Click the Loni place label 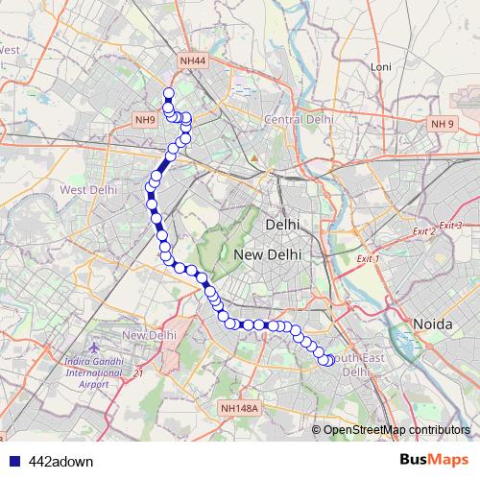coord(381,67)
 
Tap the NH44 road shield coord(192,61)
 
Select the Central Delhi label coord(299,119)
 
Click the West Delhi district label coord(87,190)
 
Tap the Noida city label coord(432,324)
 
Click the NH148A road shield coord(239,409)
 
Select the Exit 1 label coord(369,259)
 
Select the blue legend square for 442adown coord(12,461)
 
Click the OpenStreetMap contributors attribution coord(396,429)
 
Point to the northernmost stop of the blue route coord(168,94)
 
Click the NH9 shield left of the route coord(145,120)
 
